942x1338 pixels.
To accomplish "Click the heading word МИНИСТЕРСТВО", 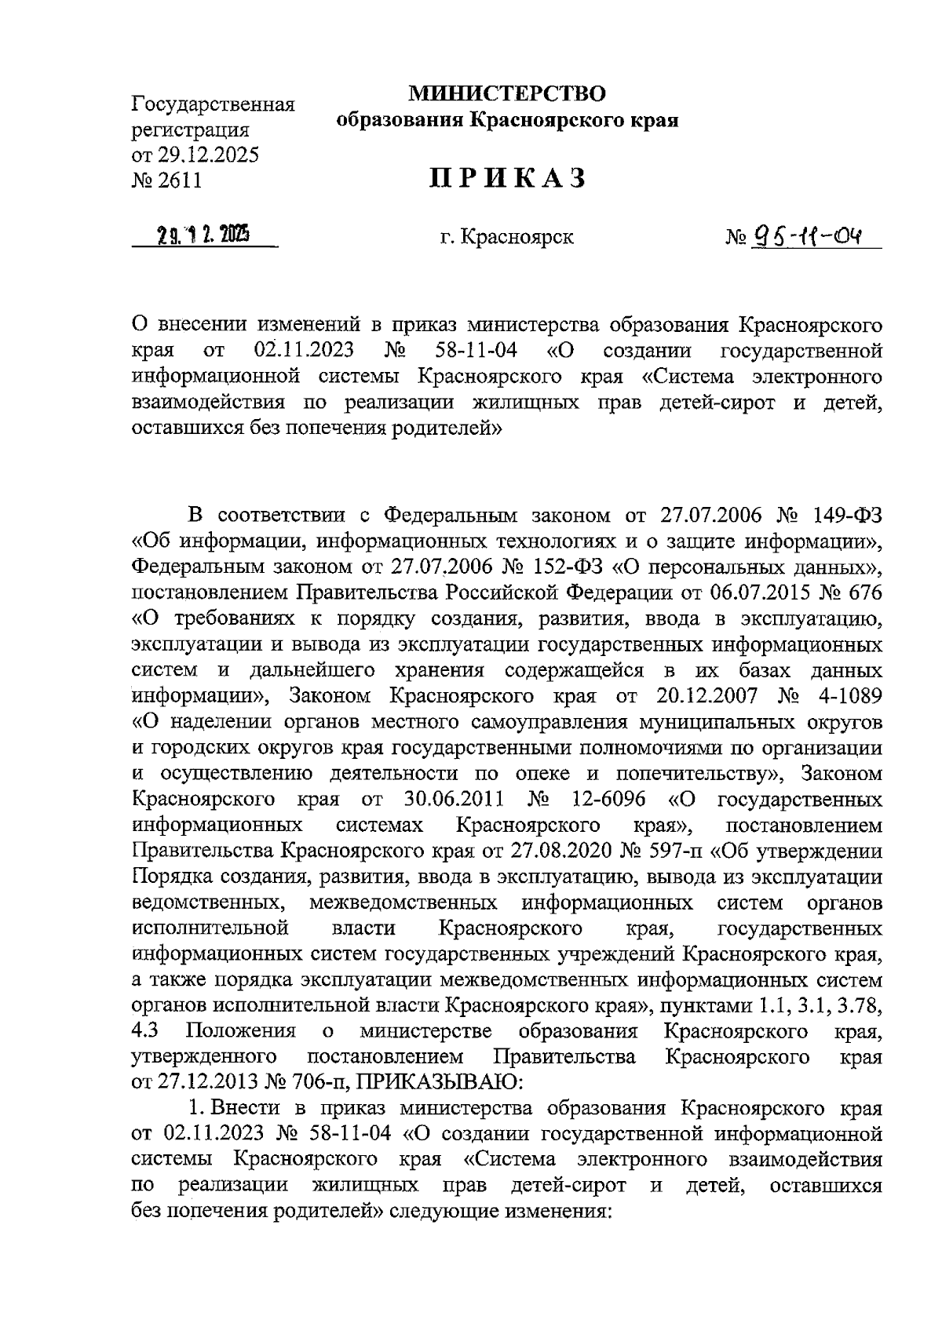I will click(507, 94).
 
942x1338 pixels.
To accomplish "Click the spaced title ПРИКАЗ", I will click(507, 178).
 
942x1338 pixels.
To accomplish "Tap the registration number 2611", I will click(180, 180).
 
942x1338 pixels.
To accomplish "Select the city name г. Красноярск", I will click(507, 236).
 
